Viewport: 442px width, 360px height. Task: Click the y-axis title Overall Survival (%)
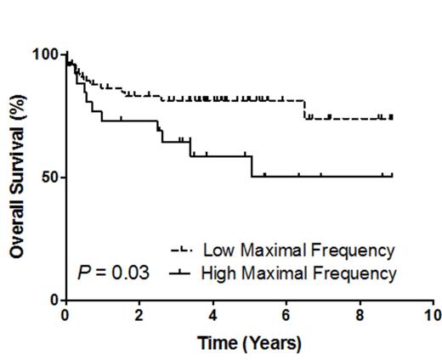tap(16, 177)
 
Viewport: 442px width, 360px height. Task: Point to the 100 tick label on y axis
tap(43, 54)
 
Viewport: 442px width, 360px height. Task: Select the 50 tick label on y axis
tap(48, 177)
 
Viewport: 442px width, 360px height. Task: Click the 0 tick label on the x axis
tap(65, 315)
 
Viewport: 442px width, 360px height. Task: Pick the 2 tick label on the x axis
tap(139, 315)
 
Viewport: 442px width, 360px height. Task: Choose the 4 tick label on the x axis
tap(212, 315)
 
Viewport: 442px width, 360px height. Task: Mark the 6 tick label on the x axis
tap(286, 315)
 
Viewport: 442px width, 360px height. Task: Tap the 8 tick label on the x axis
tap(360, 315)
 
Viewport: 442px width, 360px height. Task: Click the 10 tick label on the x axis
tap(433, 315)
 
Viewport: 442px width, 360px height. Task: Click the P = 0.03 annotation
tap(113, 273)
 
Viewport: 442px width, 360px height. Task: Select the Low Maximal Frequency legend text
tap(297, 250)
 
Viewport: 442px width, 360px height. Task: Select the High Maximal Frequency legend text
tap(298, 273)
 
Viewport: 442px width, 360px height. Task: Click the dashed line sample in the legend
tap(182, 250)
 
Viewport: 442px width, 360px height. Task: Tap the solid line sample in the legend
tap(182, 273)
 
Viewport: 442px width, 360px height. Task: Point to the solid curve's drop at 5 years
tap(251, 166)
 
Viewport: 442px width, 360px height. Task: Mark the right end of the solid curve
tap(392, 176)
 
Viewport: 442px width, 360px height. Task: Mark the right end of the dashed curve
tap(392, 118)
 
